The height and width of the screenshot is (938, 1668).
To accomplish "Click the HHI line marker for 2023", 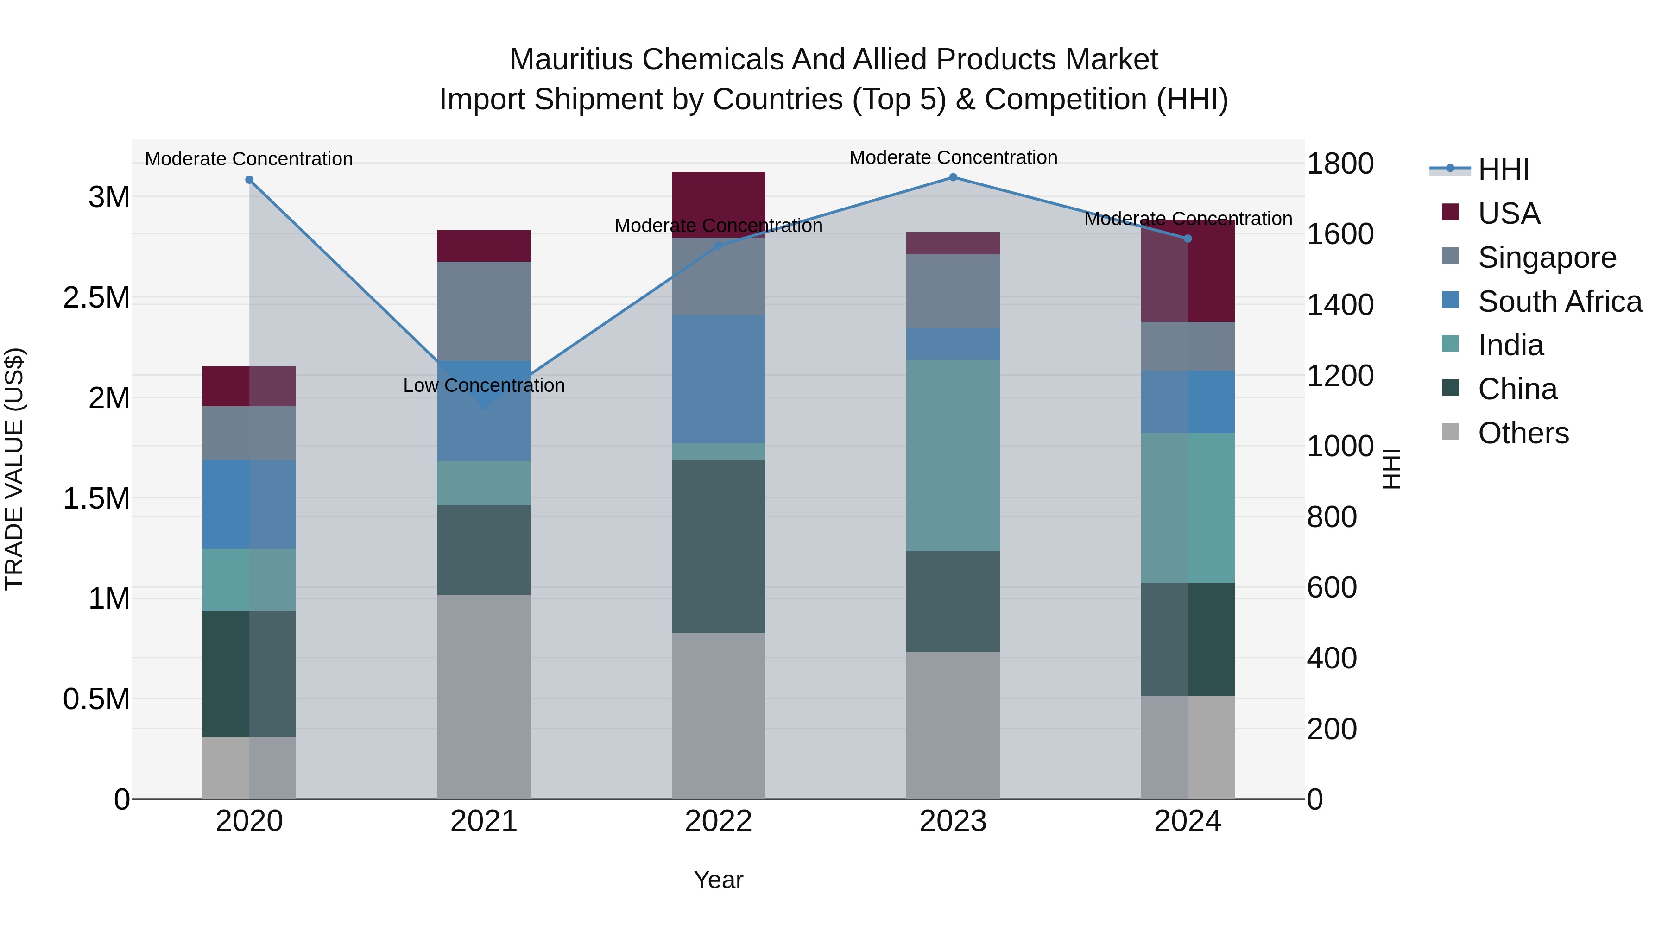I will (x=953, y=177).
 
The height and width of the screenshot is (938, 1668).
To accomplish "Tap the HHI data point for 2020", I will (x=249, y=180).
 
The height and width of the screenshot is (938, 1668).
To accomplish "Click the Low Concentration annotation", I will (x=484, y=386).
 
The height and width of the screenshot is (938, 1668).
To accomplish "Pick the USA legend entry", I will (x=1508, y=214).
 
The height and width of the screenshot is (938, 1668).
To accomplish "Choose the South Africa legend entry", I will (x=1559, y=302).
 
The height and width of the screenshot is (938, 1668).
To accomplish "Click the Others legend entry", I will (x=1523, y=433).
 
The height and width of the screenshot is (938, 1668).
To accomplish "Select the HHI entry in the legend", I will (x=1503, y=170).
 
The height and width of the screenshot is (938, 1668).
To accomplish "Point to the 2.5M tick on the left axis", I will (x=96, y=298).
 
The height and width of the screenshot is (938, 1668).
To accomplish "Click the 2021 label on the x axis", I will (x=484, y=821).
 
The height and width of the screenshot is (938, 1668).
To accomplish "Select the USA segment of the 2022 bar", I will (x=718, y=205).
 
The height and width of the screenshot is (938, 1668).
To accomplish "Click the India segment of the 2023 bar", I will (x=953, y=455).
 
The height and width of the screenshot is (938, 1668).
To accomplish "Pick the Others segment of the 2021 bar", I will (x=484, y=696).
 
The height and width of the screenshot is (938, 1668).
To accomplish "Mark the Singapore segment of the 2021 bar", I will (x=484, y=311).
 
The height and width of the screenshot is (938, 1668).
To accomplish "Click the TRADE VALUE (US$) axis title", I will (x=14, y=469).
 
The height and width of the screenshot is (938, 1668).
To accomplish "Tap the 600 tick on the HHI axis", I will (x=1331, y=588).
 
